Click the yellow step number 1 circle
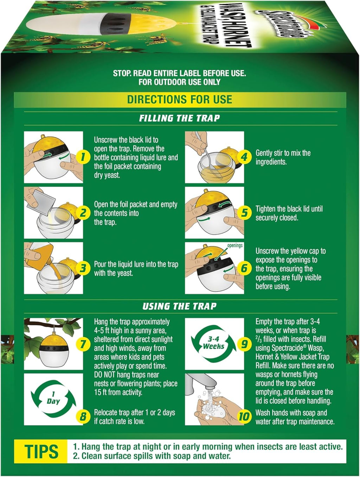click(83, 157)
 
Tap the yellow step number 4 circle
click(244, 157)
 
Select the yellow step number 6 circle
click(244, 268)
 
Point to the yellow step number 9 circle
click(244, 344)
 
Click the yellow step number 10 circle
click(244, 417)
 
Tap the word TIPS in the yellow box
click(41, 452)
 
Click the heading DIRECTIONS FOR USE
click(180, 100)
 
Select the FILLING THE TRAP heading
click(180, 118)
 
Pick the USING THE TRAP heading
click(180, 306)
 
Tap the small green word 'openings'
click(235, 245)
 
